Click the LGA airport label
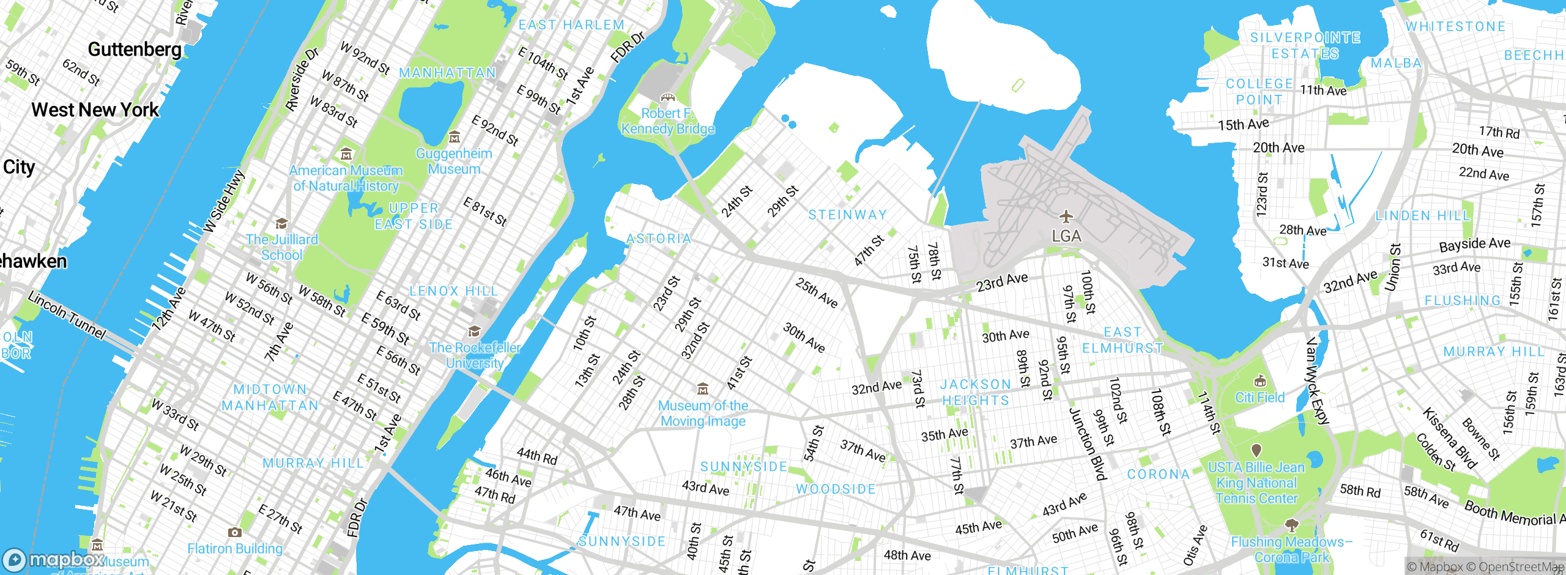pyautogui.click(x=1066, y=236)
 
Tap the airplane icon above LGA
pyautogui.click(x=1066, y=217)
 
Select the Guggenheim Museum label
pyautogui.click(x=454, y=161)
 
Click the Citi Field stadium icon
pyautogui.click(x=1260, y=382)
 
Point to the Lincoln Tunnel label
pyautogui.click(x=67, y=315)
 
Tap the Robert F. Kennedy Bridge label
pyautogui.click(x=668, y=121)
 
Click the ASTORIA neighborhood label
pyautogui.click(x=659, y=239)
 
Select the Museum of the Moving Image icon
pyautogui.click(x=703, y=389)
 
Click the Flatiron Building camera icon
pyautogui.click(x=234, y=532)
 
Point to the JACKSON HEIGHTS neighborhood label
pyautogui.click(x=975, y=392)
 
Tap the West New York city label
pyautogui.click(x=95, y=110)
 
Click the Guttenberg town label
pyautogui.click(x=135, y=50)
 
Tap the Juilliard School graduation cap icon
pyautogui.click(x=281, y=223)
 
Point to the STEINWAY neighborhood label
pyautogui.click(x=847, y=215)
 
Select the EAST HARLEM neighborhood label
pyautogui.click(x=571, y=25)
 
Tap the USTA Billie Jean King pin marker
pyautogui.click(x=1256, y=451)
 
